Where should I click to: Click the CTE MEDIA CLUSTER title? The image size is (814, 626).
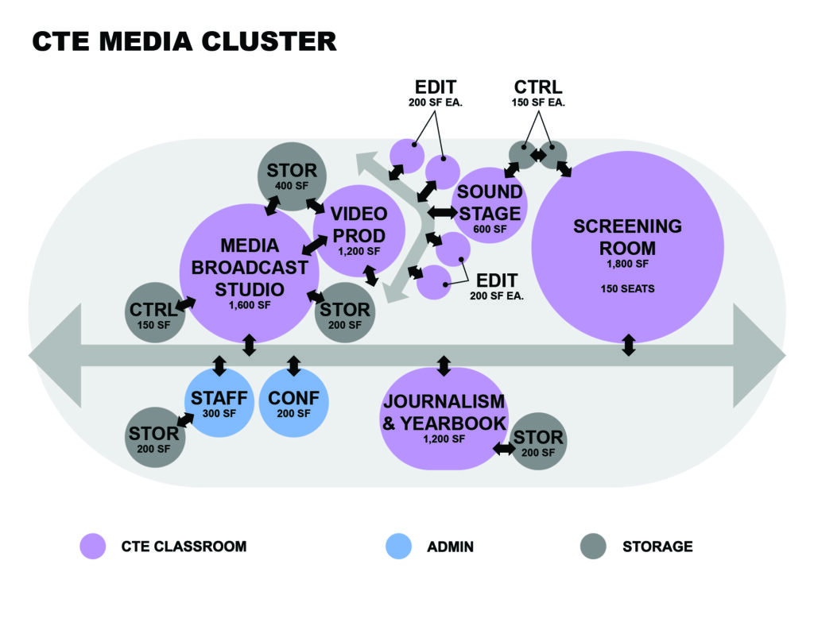[x=184, y=41]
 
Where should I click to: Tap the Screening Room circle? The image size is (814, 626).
[x=627, y=246]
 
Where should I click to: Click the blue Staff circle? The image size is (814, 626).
[x=219, y=403]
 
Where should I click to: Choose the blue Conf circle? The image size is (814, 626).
[x=293, y=403]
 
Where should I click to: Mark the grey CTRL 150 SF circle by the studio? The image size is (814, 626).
[x=153, y=311]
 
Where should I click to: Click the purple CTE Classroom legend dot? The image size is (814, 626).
[x=93, y=546]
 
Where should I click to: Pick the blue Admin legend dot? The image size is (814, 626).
[x=397, y=546]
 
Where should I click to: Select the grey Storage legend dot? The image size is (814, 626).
[x=593, y=546]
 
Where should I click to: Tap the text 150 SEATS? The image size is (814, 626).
[x=627, y=288]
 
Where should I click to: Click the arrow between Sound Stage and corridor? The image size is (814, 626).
[x=443, y=212]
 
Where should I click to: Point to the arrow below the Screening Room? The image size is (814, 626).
[x=628, y=346]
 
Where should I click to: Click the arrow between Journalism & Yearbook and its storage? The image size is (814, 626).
[x=503, y=449]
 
